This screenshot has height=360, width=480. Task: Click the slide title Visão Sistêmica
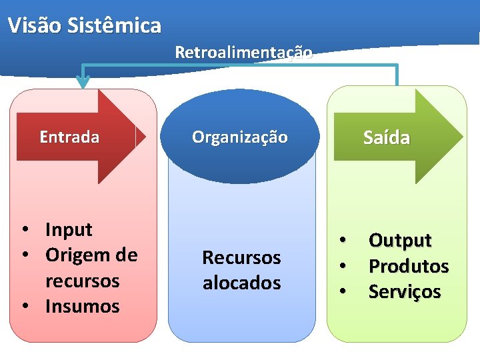click(x=85, y=26)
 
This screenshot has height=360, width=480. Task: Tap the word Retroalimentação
click(x=243, y=52)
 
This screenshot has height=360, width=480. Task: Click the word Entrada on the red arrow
click(x=69, y=137)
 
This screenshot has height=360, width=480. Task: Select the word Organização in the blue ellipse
click(x=240, y=137)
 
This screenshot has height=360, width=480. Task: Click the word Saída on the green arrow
click(x=387, y=138)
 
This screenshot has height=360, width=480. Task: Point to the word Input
click(x=69, y=230)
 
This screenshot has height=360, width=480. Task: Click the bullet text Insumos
click(x=83, y=307)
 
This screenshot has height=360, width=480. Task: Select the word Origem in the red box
click(x=73, y=255)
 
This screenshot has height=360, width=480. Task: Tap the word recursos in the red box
click(x=83, y=281)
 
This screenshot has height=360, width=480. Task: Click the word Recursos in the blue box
click(x=241, y=257)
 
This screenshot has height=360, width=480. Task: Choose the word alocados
click(x=241, y=283)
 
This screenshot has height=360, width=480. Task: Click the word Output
click(x=400, y=240)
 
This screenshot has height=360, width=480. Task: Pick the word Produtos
click(x=409, y=266)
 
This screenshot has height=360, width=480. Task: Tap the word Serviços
click(x=405, y=291)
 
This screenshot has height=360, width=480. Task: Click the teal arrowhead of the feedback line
click(x=83, y=82)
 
